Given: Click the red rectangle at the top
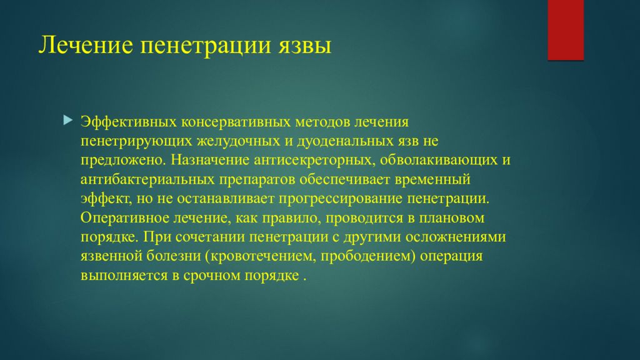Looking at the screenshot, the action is click(565, 30).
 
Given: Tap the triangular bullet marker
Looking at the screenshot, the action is click(68, 120).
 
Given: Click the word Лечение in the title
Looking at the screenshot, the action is click(86, 44).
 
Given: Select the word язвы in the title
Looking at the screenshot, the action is click(305, 45).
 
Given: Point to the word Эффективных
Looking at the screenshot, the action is click(129, 122).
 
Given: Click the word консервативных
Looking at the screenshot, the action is click(236, 122).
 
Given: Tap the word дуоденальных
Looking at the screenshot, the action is click(345, 141).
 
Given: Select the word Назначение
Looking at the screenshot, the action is click(210, 159).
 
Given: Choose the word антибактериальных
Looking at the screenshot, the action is click(147, 179).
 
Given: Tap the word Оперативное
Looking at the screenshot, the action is click(125, 217).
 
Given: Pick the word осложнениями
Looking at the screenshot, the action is click(456, 237).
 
